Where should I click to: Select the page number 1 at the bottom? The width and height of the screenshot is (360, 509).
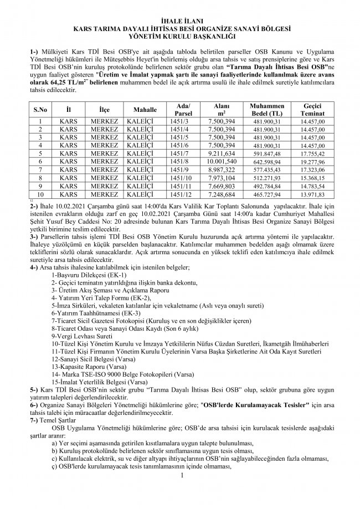click(181, 475)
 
